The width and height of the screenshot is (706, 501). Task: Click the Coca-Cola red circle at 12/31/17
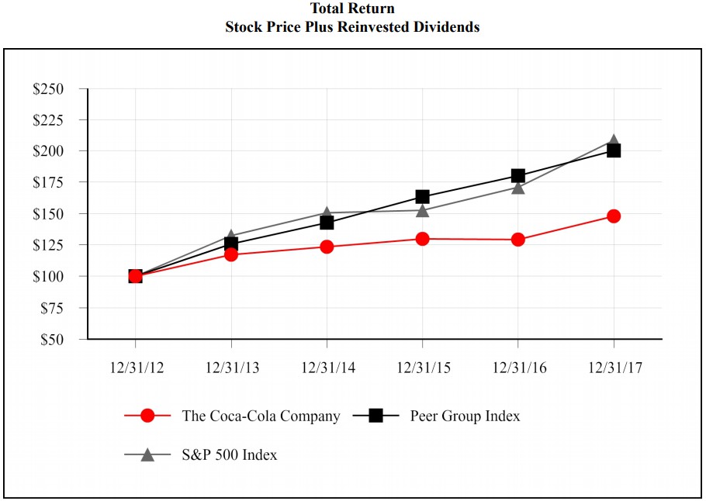pos(614,216)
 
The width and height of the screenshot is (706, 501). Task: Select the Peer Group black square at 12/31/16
pos(518,176)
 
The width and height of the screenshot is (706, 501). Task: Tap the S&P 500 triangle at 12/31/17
pos(614,143)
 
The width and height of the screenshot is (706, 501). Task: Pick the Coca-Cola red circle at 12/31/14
pos(327,247)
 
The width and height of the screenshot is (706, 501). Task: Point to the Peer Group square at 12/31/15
pos(423,197)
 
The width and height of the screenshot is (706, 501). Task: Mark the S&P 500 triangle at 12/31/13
pos(231,236)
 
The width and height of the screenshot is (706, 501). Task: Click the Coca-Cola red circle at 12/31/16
pos(518,240)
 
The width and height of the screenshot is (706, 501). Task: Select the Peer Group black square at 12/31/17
pos(614,150)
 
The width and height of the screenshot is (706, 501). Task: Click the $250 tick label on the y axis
pos(48,89)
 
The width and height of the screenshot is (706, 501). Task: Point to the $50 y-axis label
pos(51,339)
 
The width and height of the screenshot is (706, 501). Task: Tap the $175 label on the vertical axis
pos(48,182)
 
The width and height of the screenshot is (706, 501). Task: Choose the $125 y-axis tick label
pos(48,245)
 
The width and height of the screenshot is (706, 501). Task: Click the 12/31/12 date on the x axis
pos(136,368)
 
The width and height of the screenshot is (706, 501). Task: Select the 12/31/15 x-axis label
pos(423,368)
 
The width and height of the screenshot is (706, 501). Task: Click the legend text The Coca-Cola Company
pos(261,416)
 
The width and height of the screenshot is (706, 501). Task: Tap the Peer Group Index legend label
pos(465,416)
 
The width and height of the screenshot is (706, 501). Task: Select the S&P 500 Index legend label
pos(229,455)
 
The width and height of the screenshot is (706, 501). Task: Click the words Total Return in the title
pos(352,9)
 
